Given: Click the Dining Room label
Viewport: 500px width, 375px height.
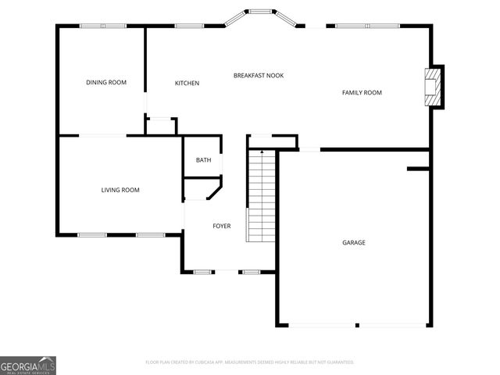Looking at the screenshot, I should tap(106, 82).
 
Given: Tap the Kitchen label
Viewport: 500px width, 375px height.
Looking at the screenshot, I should tap(187, 83).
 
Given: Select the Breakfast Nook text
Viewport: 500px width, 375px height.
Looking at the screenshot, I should tap(259, 76).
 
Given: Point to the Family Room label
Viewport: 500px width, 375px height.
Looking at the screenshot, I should tap(362, 93).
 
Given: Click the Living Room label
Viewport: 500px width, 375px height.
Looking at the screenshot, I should tap(120, 190).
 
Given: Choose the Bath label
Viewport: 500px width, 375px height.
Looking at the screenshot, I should tap(203, 160).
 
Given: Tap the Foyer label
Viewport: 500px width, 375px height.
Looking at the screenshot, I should tap(222, 226).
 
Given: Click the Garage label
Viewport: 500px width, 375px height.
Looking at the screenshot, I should tap(353, 242).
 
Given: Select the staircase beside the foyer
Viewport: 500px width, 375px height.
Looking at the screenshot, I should tap(262, 195).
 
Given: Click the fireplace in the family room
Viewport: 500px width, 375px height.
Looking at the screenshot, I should tap(431, 86).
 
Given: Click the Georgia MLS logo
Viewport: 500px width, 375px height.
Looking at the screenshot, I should tap(28, 365).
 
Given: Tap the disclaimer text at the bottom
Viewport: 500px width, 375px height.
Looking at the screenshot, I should tap(250, 362).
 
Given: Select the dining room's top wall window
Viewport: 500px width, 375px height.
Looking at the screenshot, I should tap(102, 26).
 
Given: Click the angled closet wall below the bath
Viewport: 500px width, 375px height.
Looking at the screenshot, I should tap(214, 190).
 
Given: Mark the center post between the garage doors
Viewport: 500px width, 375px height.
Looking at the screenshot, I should tap(356, 325).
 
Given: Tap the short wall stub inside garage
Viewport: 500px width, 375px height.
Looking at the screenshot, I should tap(418, 167).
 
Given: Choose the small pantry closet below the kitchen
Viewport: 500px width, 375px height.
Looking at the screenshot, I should tap(162, 126).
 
